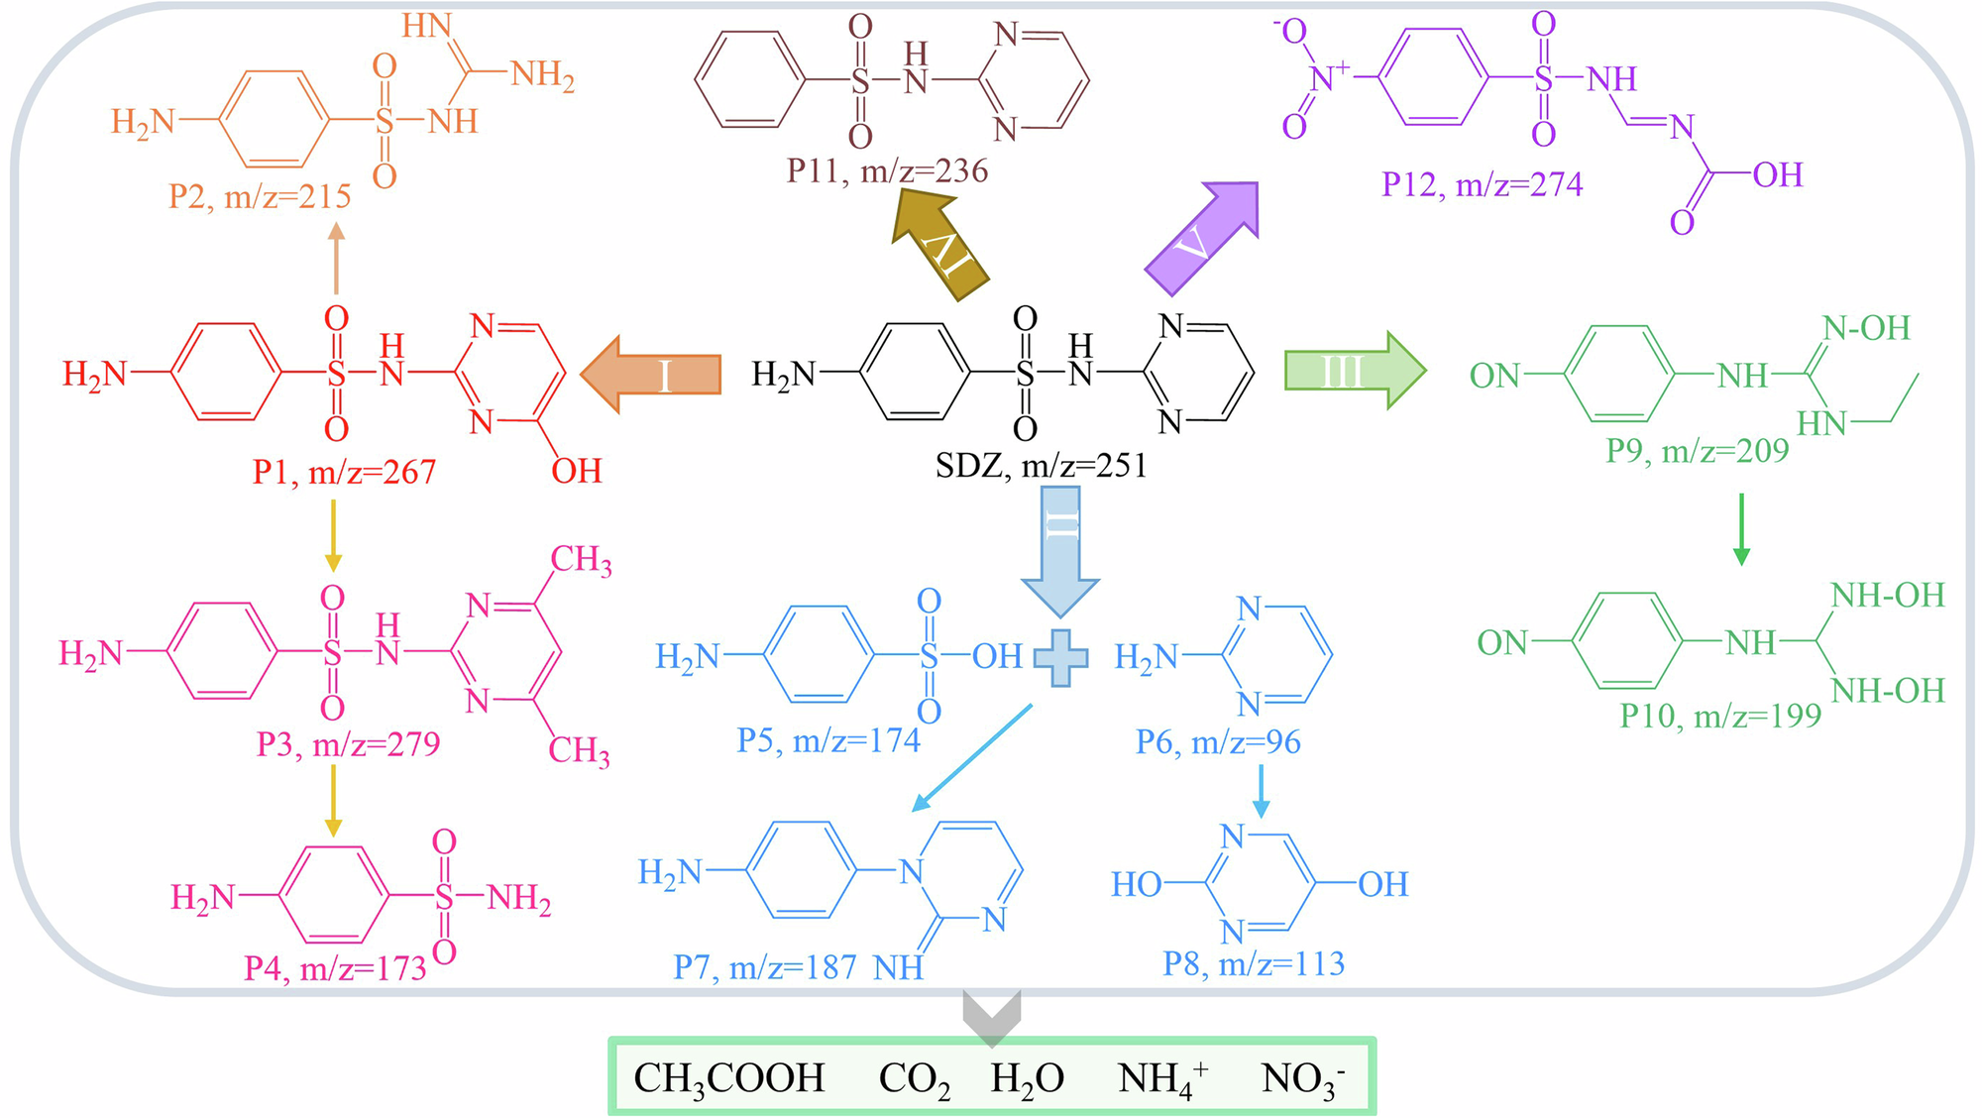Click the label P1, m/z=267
tap(344, 472)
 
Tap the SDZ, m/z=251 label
tap(1041, 465)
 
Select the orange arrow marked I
tap(651, 375)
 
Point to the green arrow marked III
tap(1354, 372)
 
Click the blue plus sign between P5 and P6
tap(1060, 658)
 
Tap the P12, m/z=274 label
tap(1482, 184)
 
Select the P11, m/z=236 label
tap(887, 171)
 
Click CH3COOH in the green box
tap(728, 1078)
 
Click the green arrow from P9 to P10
tap(1741, 529)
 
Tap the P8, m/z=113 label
tap(1254, 963)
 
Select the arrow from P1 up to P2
tap(336, 258)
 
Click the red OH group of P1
tap(577, 471)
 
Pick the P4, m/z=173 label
tap(335, 968)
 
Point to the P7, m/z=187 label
tap(765, 967)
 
